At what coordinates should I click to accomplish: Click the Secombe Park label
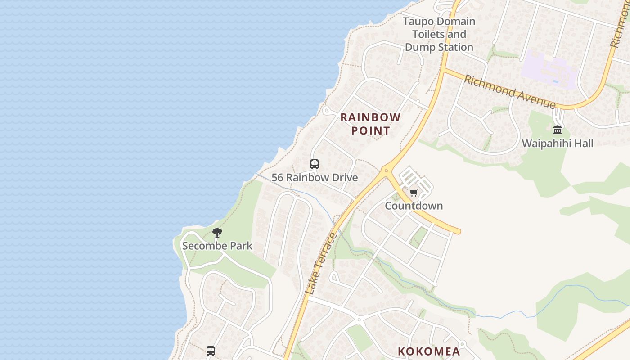coord(217,246)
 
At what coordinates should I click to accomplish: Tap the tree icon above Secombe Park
coord(217,233)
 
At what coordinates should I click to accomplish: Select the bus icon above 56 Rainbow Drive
coord(315,164)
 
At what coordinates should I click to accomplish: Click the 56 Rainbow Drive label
coord(315,178)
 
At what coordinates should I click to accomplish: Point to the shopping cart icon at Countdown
coord(414,193)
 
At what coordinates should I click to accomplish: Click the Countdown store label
coord(414,206)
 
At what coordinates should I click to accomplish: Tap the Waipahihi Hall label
coord(558,144)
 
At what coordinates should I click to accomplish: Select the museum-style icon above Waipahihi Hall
coord(558,130)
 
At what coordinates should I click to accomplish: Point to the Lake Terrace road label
coord(320,264)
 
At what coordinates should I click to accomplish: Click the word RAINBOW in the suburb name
coord(370,117)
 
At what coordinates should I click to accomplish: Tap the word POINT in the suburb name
coord(370,131)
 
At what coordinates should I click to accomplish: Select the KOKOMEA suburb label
coord(429,351)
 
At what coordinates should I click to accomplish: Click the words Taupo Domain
coord(439,22)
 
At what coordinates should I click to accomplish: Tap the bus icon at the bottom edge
coord(211,351)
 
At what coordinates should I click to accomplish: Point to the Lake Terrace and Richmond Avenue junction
coord(442,70)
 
